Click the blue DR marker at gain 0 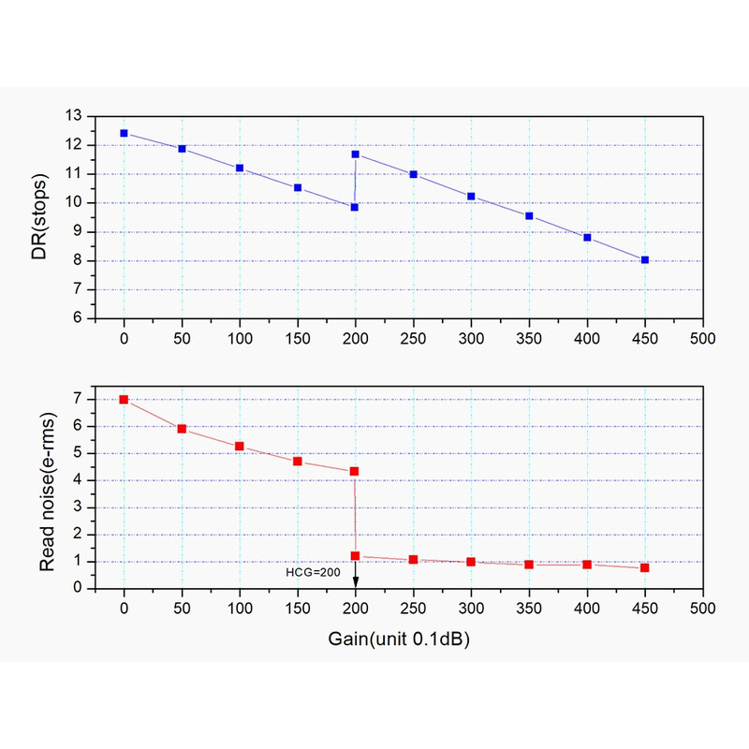[124, 133]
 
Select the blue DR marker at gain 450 [645, 259]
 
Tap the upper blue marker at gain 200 [356, 154]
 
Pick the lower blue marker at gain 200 [355, 207]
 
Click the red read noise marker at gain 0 [124, 400]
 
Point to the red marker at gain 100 [240, 446]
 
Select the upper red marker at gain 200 [355, 471]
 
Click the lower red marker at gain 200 [356, 556]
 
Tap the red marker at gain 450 [645, 567]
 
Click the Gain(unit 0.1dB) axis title [399, 639]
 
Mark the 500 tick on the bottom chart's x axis [702, 607]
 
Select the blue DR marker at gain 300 [471, 197]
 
